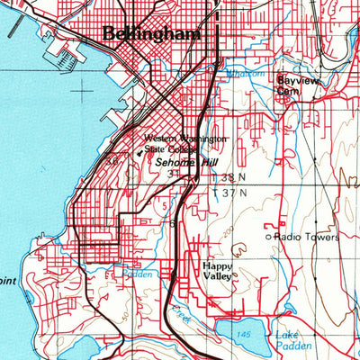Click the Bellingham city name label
[x=151, y=34]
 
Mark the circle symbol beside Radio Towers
[x=268, y=237]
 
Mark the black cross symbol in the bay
[x=83, y=89]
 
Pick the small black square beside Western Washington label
[x=139, y=151]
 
